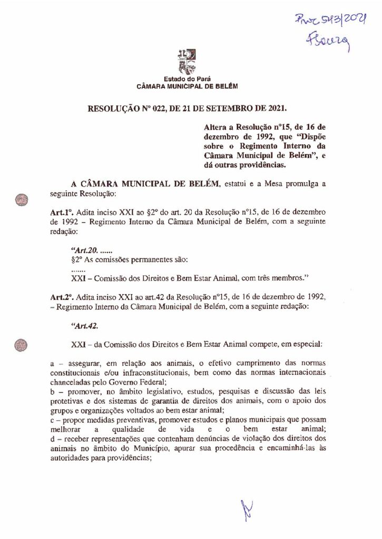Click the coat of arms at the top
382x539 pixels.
(x=187, y=61)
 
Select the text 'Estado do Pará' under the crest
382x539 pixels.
(x=188, y=79)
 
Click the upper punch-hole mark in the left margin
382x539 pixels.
(x=21, y=199)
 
